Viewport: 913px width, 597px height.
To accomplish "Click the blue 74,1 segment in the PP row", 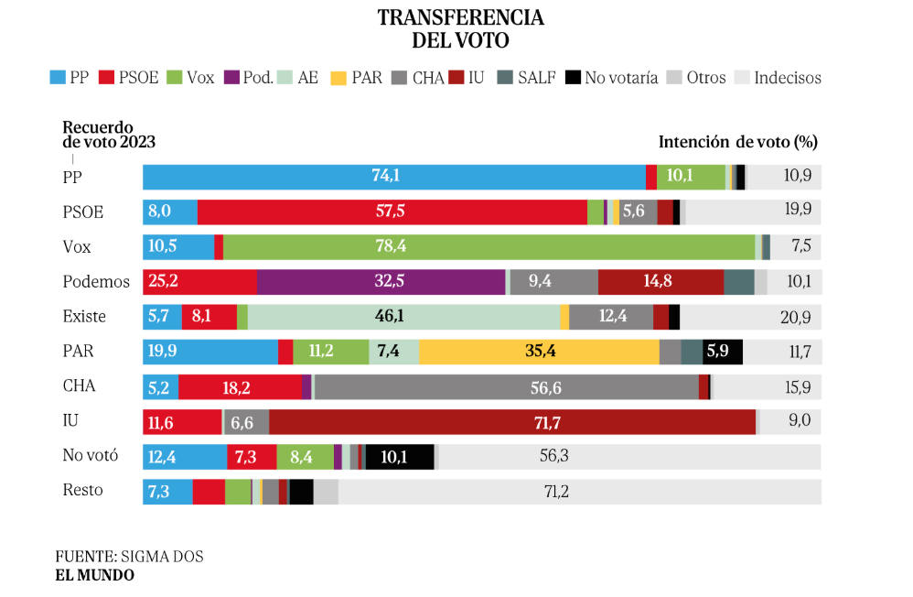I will click(393, 177).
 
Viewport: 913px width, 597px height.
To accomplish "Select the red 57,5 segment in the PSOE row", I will click(392, 212).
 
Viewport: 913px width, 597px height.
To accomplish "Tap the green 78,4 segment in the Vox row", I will click(489, 246).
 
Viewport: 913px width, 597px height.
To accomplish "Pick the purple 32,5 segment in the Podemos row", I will click(381, 281).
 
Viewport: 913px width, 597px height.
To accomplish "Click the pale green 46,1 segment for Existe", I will click(403, 316).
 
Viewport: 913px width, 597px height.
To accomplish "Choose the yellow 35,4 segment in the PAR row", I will click(539, 351).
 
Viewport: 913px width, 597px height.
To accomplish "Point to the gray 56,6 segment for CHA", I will click(506, 385).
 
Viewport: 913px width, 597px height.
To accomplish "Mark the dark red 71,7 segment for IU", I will click(512, 421).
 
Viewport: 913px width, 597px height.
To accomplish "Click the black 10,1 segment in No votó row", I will click(399, 456).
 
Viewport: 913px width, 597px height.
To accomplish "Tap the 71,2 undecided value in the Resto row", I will click(556, 492).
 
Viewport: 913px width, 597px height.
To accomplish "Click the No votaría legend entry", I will click(613, 78).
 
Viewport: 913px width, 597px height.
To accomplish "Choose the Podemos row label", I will click(96, 282).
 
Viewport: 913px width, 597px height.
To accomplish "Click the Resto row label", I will click(82, 490).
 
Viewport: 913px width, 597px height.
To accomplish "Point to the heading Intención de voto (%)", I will click(737, 142).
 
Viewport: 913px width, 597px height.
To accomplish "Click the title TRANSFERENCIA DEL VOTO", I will click(460, 29).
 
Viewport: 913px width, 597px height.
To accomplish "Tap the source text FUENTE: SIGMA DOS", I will click(129, 556).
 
